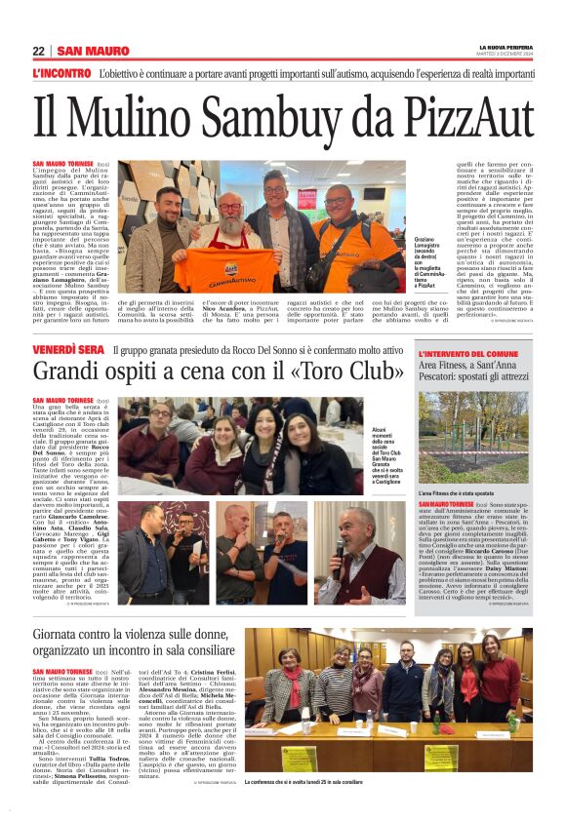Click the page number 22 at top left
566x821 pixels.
tap(38, 51)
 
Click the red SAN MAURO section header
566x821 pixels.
tap(93, 51)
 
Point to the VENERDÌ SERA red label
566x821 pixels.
tap(68, 349)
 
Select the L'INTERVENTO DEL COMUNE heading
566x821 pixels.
tap(467, 353)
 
